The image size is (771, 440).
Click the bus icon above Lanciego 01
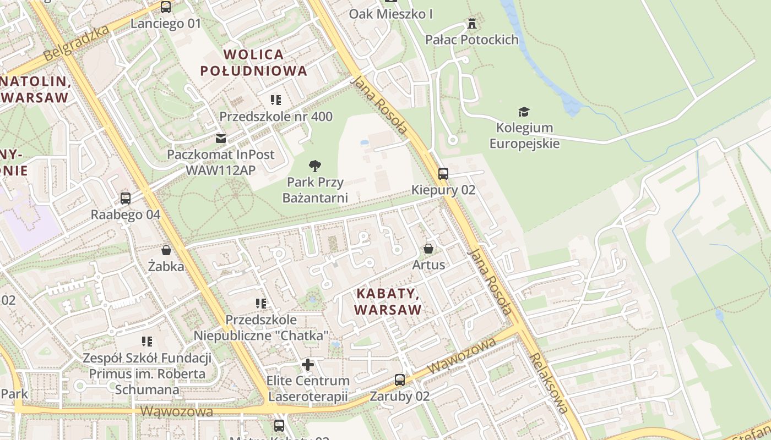[x=166, y=7]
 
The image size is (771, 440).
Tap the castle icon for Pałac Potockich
[x=471, y=23]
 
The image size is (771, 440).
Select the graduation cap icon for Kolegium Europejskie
[x=524, y=112]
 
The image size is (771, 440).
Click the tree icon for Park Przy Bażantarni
[x=314, y=165]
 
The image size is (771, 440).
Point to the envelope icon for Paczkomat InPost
[x=221, y=138]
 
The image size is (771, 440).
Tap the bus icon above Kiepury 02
[x=443, y=174]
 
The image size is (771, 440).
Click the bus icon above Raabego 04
[x=126, y=199]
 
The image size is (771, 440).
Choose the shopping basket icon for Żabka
[x=166, y=250]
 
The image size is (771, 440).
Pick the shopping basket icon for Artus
[x=428, y=249]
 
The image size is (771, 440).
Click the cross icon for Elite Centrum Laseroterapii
[x=308, y=364]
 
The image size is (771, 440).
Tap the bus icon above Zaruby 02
[x=400, y=380]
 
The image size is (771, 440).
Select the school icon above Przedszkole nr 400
[x=276, y=100]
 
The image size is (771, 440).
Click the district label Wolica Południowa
[x=254, y=63]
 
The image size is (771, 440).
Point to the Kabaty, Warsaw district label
[x=388, y=301]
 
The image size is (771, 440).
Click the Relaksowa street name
[x=549, y=383]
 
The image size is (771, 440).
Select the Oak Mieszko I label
[x=390, y=14]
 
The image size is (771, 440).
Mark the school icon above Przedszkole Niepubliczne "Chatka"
[x=261, y=303]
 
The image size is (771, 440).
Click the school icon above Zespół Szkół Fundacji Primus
[x=147, y=342]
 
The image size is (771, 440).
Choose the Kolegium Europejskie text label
[x=524, y=136]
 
